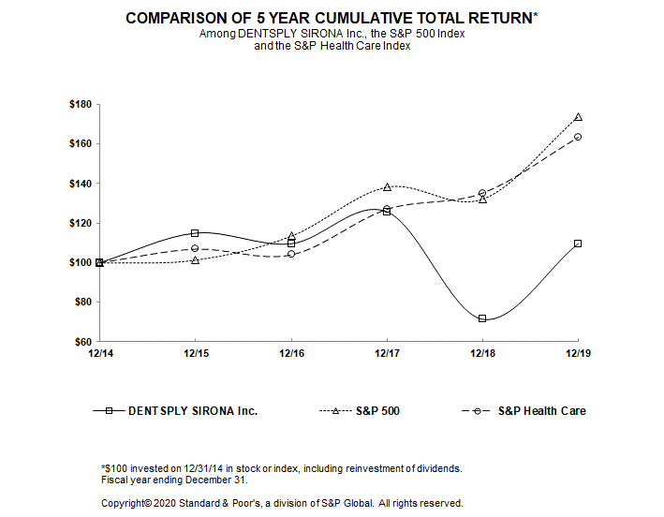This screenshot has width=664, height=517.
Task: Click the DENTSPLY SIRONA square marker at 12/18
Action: pos(482,318)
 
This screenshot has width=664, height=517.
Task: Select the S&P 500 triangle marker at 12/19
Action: pos(578,117)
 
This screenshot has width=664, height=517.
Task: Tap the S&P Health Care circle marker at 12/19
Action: pos(578,137)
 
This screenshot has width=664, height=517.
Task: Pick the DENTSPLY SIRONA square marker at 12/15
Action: pos(195,233)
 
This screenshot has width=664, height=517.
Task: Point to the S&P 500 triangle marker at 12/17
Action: pos(387,186)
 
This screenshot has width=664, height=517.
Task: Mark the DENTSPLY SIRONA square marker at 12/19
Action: pos(578,244)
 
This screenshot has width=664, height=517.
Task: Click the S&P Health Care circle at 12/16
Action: pos(291,254)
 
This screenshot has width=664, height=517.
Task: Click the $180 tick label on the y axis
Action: pos(80,104)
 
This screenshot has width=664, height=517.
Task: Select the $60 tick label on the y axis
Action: pos(82,342)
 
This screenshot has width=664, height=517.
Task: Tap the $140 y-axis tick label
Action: pos(80,184)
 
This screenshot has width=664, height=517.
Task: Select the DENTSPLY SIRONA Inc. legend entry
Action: pos(192,410)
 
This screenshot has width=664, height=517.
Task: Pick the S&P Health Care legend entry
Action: pos(541,410)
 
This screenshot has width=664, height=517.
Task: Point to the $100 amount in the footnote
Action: pos(116,467)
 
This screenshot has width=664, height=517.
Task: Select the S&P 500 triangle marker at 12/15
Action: pos(195,259)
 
